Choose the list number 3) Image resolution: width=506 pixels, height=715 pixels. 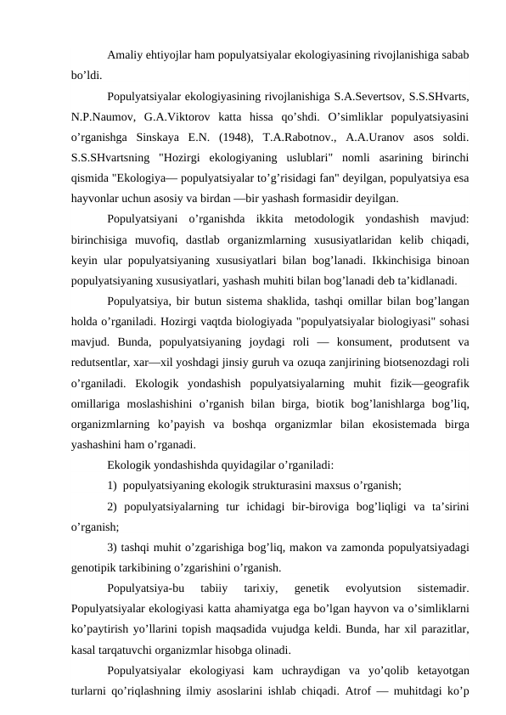(113, 545)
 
